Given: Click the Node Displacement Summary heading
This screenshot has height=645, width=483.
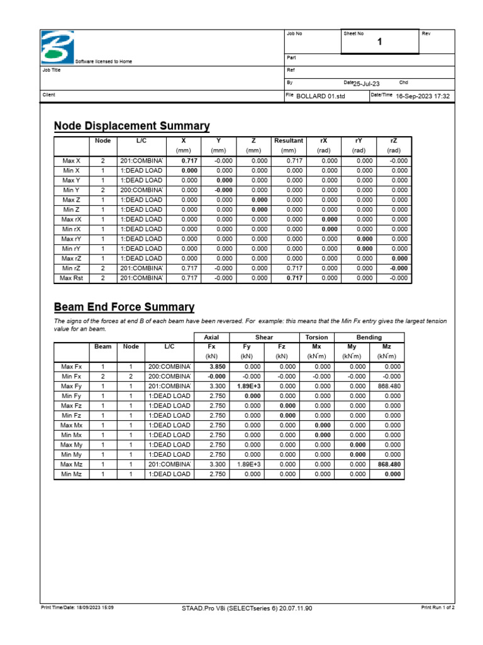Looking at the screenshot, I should [131, 126].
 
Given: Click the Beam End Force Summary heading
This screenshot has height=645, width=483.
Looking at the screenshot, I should [124, 307].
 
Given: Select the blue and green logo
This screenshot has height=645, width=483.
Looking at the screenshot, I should [57, 47].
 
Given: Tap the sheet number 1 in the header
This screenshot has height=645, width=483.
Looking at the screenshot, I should [379, 42].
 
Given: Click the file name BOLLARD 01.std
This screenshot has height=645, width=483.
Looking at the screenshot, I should [321, 96].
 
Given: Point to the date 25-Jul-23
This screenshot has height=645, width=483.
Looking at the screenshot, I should [366, 83].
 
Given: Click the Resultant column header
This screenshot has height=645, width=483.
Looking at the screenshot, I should [289, 141].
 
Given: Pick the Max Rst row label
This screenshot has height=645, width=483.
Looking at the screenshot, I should [71, 278].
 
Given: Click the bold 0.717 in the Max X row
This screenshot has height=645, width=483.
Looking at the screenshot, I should [189, 161].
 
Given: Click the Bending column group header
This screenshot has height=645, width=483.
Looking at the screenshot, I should [369, 337].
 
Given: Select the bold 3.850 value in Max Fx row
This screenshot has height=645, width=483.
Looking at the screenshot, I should [217, 366].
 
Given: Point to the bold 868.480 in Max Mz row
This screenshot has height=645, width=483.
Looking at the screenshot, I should [389, 464].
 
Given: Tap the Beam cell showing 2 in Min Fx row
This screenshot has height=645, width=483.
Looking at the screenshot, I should [103, 376].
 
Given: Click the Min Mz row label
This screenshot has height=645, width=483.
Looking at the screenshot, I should [71, 474].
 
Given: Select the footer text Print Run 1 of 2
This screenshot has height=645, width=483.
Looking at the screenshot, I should [438, 608].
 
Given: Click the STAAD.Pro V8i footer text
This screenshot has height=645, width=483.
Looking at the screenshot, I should [246, 608].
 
